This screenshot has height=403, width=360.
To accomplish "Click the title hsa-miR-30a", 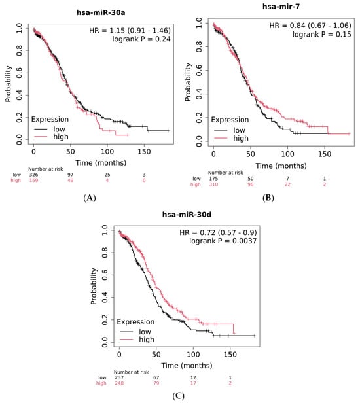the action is coord(101,12).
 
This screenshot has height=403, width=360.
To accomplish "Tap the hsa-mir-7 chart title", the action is coord(281,6).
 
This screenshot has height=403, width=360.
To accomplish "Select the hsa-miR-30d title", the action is coord(187,215).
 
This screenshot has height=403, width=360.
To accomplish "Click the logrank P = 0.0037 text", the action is coord(223,241).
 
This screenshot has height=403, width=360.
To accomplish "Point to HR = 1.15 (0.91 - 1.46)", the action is coord(130,31).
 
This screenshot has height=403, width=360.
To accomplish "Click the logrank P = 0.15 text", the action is coord(321,34).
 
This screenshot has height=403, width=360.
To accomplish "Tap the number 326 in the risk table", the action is coord(33,175).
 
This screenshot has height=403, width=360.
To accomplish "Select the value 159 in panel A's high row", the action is coord(33,180).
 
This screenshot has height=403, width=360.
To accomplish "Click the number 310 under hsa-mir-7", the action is coord(213,184).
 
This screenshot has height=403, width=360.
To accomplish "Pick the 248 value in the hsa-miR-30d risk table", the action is coord(119,383).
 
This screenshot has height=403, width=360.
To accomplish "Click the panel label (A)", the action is coord(90,198).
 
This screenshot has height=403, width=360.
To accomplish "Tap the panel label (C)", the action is coord(179,396).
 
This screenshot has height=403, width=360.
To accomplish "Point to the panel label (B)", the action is coord(268,198).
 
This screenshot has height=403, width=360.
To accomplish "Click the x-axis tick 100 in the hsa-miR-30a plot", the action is coord(107,152).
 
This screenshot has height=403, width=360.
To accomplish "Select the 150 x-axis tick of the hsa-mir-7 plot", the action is coord(325,154).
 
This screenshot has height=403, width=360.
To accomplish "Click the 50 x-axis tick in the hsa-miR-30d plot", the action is coord(156,355).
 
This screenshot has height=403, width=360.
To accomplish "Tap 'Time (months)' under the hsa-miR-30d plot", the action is coord(187,366).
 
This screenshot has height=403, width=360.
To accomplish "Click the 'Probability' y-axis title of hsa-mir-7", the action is coord(188,82).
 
